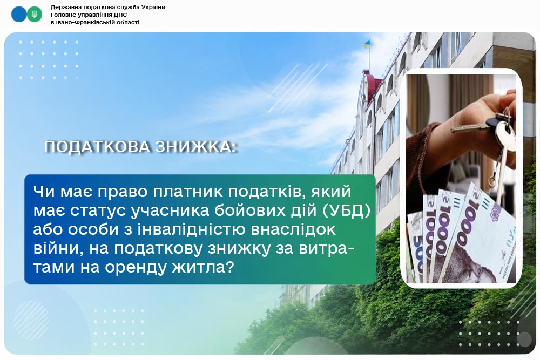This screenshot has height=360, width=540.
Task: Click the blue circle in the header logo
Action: (18, 15)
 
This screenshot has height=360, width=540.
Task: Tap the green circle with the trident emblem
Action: (35, 15)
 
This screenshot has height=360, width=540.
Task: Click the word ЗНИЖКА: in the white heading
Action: (197, 147)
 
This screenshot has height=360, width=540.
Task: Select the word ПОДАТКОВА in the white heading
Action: (97, 147)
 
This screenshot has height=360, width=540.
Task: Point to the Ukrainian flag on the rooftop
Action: (367, 44)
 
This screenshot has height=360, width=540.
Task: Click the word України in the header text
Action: (153, 7)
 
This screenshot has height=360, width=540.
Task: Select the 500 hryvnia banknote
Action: (415, 247)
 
